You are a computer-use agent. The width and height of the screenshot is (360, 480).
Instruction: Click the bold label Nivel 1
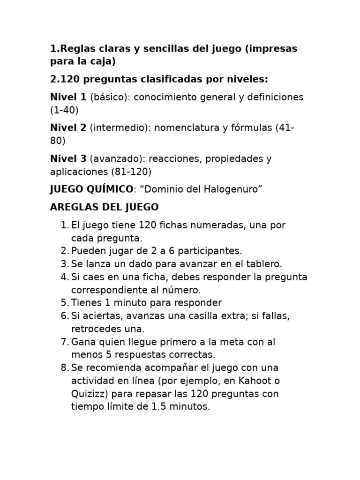click(68, 97)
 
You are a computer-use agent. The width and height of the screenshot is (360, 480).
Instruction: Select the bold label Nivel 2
click(68, 128)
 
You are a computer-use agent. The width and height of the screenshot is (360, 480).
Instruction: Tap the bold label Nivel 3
click(68, 159)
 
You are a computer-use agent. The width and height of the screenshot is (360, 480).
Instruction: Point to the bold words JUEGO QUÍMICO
click(91, 189)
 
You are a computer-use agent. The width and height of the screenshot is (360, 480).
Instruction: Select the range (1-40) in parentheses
click(64, 111)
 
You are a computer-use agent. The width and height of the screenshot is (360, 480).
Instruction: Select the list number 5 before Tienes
click(65, 303)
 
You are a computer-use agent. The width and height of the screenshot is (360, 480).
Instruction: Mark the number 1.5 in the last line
click(159, 406)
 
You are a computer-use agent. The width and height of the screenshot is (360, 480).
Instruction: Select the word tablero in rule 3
click(264, 264)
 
